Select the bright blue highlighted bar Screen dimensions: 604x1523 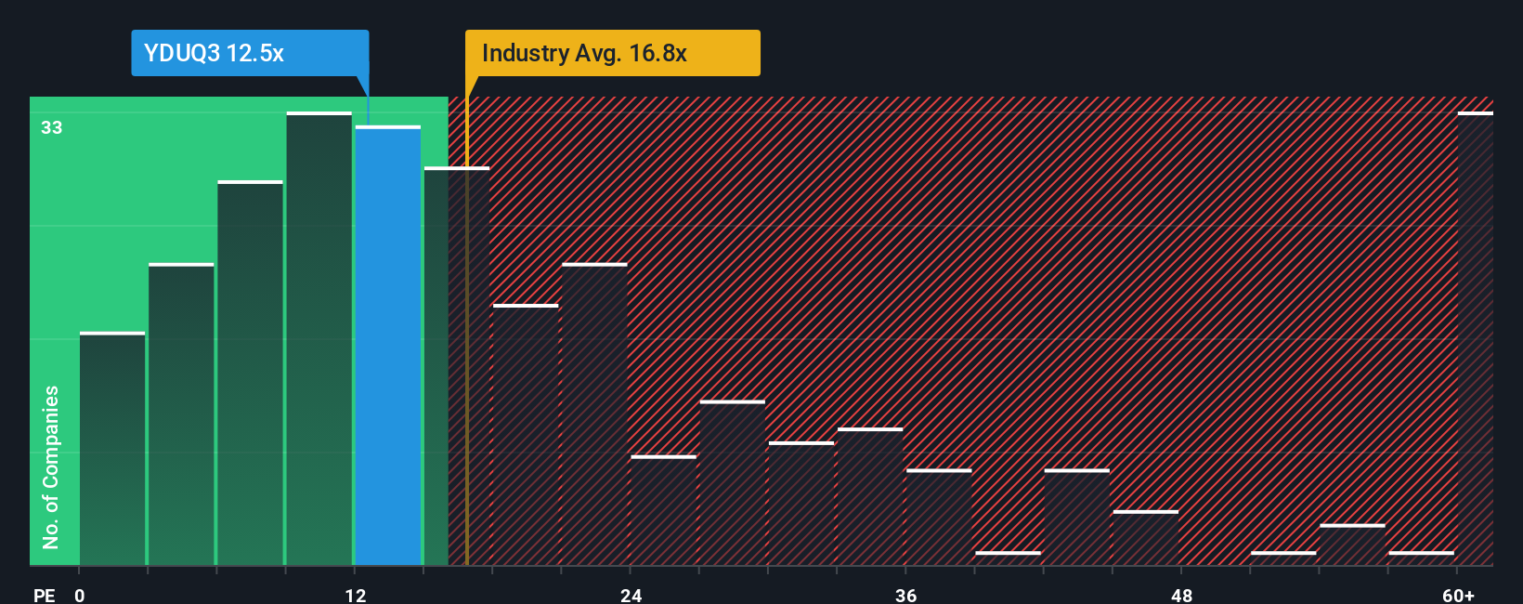point(388,346)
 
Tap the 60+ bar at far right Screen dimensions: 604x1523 point(1475,339)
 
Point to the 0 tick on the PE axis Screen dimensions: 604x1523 point(80,596)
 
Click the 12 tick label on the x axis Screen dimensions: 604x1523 point(356,596)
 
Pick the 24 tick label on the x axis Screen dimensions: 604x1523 point(631,596)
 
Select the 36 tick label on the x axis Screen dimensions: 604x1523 point(906,596)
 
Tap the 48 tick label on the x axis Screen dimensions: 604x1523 point(1181,596)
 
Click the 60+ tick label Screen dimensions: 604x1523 point(1458,596)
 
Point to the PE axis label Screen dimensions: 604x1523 point(44,596)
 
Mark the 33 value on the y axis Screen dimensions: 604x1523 point(51,127)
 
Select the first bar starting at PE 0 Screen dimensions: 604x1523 point(112,449)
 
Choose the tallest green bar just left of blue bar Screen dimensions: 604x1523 point(319,339)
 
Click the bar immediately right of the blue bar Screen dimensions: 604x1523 point(457,366)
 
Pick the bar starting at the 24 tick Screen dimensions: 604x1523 point(663,510)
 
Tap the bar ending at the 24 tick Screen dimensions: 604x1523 point(594,414)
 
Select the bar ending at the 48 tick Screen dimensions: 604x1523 point(1146,538)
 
